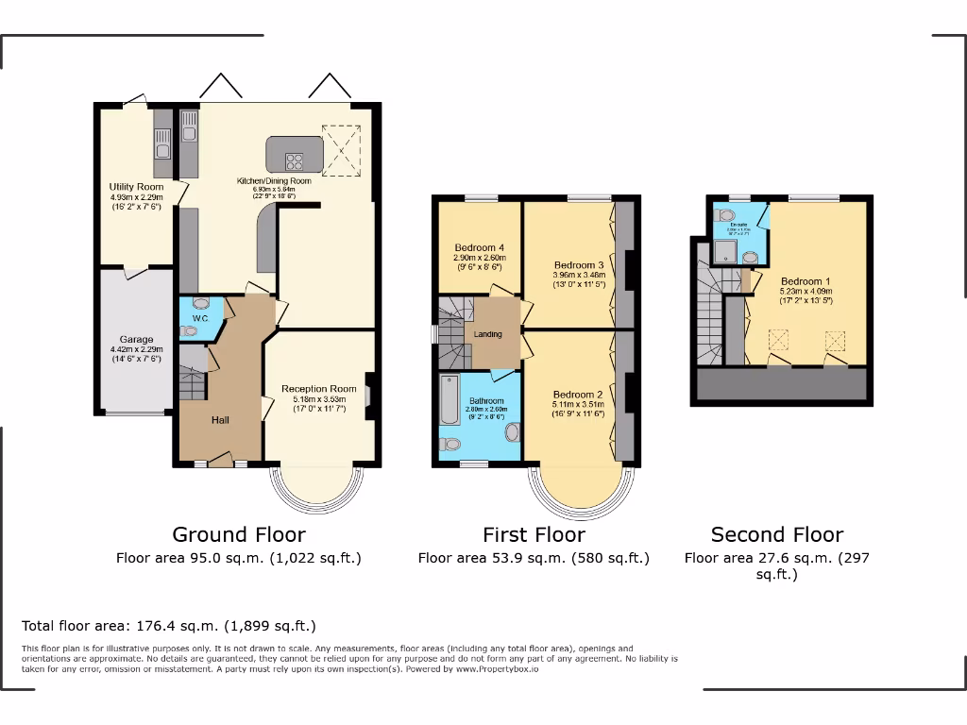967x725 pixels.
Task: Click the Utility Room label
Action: tap(136, 187)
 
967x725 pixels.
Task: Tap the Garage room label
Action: tap(136, 340)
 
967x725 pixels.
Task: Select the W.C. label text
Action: tap(200, 319)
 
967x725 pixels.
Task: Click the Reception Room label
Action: tap(319, 389)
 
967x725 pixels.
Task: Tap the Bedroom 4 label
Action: tap(479, 248)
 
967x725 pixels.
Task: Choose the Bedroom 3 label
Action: tap(579, 264)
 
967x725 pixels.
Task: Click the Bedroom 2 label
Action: tap(578, 395)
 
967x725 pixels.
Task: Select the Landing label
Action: tap(488, 334)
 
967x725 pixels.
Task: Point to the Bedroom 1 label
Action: tap(806, 281)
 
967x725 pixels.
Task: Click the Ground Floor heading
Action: tap(239, 535)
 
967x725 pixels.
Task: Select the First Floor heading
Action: tap(534, 535)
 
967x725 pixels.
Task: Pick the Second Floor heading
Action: tap(777, 535)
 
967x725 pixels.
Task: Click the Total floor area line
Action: tap(169, 626)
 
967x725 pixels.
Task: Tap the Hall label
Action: tap(220, 420)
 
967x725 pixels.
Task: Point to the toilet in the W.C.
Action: tap(201, 304)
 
